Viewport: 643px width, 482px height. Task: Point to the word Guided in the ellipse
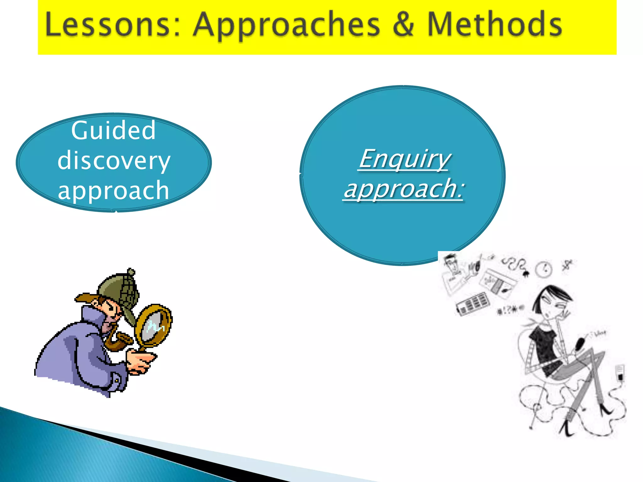click(x=113, y=130)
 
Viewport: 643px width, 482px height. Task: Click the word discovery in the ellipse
click(x=114, y=161)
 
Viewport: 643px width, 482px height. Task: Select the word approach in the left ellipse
click(x=114, y=190)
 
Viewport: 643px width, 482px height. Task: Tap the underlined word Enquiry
click(x=404, y=159)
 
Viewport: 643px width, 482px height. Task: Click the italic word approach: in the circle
click(x=404, y=189)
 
